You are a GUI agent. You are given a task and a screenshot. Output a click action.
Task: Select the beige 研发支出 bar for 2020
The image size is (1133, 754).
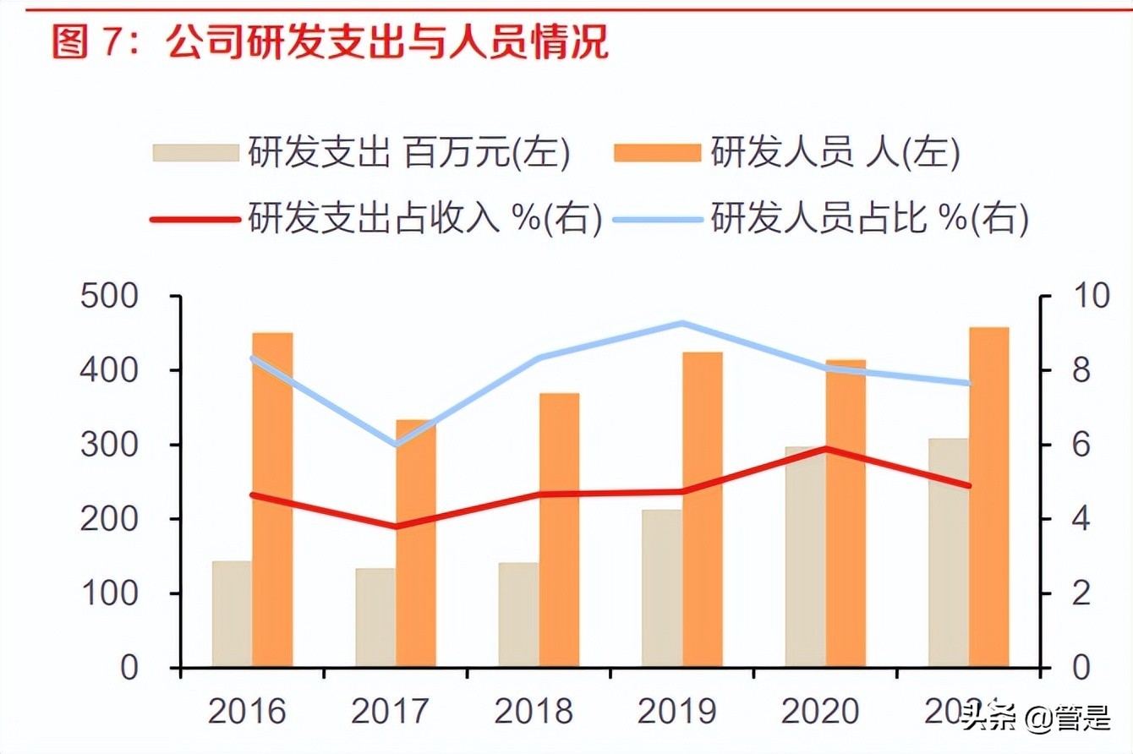(805, 558)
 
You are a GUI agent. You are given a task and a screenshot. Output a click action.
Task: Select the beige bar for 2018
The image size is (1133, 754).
(518, 615)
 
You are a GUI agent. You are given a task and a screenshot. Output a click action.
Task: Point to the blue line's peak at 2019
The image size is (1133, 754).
(681, 323)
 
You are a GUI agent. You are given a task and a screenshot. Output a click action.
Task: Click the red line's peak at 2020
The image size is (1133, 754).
(825, 448)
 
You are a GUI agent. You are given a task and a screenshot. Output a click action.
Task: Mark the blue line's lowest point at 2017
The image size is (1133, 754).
(396, 445)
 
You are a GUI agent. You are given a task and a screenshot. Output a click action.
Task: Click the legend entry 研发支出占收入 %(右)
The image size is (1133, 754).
(376, 219)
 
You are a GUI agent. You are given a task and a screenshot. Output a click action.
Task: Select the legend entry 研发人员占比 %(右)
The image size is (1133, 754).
(820, 219)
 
